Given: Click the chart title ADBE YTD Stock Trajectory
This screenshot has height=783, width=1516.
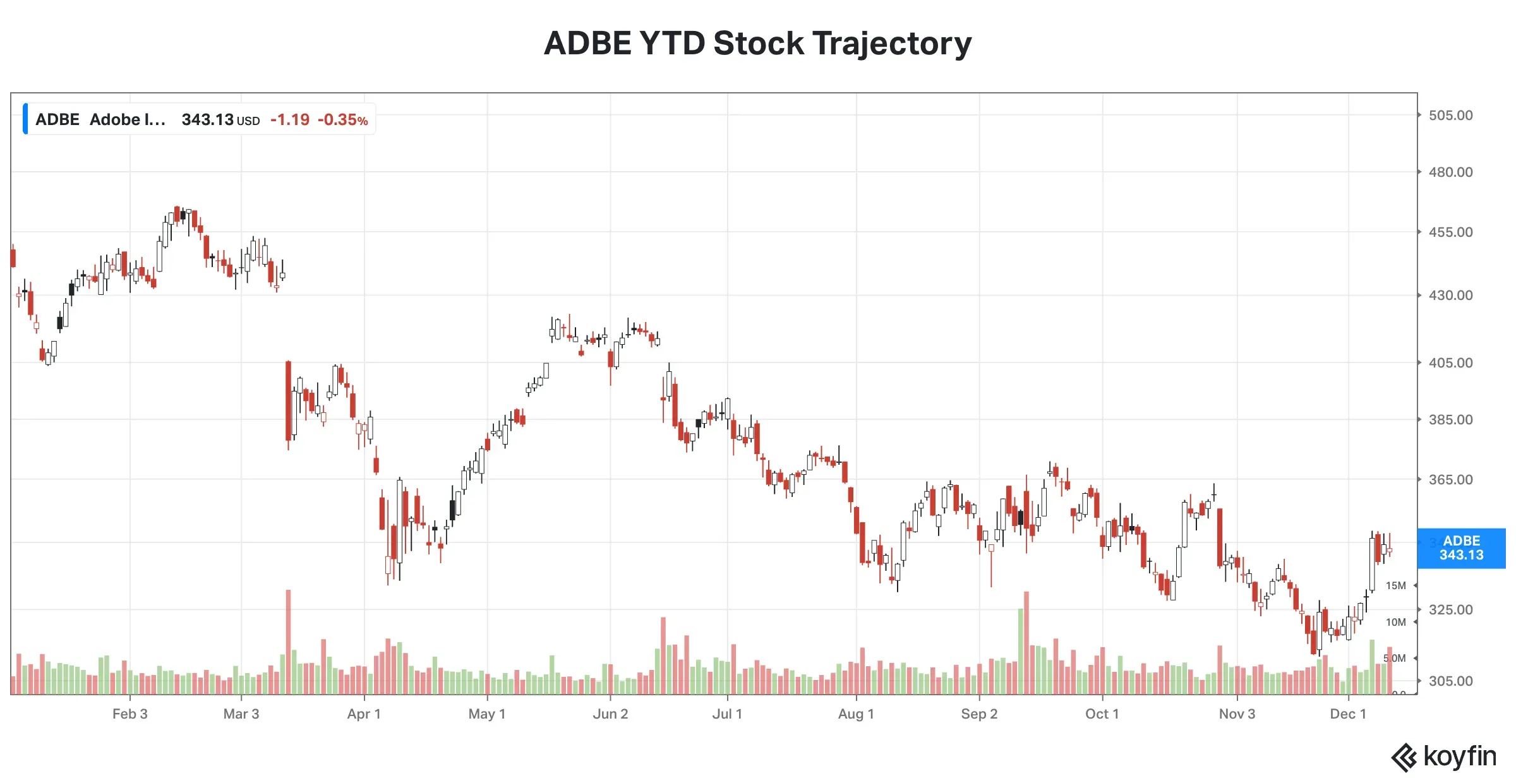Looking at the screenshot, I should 757,44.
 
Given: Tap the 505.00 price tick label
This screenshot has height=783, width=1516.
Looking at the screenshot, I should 1450,116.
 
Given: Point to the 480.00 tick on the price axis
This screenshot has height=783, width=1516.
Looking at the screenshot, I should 1450,172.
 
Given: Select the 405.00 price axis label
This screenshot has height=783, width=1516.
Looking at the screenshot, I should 1450,363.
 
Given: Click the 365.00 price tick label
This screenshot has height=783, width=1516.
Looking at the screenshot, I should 1450,480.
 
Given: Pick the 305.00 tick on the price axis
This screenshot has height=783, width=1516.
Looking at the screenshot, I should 1450,681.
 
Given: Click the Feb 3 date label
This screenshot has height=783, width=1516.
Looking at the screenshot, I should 130,714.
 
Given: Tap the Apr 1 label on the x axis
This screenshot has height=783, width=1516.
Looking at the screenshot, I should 364,714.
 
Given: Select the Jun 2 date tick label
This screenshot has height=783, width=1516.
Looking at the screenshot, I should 610,714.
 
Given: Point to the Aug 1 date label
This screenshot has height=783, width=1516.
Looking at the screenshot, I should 856,714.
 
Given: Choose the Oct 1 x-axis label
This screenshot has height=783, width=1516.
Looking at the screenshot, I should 1102,714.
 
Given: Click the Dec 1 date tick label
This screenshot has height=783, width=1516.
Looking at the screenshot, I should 1348,714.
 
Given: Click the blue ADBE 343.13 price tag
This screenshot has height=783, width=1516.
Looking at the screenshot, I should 1461,548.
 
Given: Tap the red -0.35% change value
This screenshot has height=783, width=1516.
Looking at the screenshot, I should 342,120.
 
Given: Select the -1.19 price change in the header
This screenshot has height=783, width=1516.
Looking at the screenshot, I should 290,120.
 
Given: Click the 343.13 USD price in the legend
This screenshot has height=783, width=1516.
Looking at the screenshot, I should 220,120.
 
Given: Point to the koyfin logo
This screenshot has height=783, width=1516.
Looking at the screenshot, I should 1444,756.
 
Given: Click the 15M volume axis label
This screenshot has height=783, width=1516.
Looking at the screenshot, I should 1395,586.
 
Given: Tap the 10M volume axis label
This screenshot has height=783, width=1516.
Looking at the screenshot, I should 1395,623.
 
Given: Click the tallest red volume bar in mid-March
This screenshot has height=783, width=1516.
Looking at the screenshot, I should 289,641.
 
